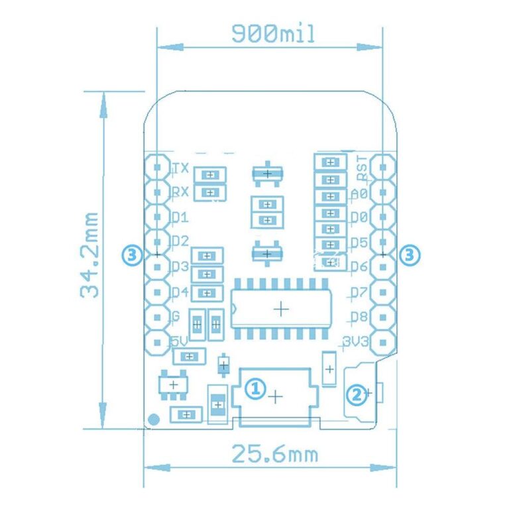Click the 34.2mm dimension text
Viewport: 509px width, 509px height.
[x=89, y=255]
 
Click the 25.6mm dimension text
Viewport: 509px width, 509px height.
[x=274, y=455]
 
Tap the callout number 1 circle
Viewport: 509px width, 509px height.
[x=255, y=388]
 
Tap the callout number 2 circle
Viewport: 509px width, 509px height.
[x=357, y=395]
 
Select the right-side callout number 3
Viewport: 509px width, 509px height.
[x=410, y=254]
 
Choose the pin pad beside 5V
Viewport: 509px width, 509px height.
[x=157, y=343]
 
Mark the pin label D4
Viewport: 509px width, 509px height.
[x=180, y=292]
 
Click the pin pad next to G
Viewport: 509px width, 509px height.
[x=157, y=317]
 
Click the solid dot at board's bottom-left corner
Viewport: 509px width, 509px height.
[x=154, y=419]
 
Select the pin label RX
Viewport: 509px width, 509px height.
[x=180, y=193]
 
